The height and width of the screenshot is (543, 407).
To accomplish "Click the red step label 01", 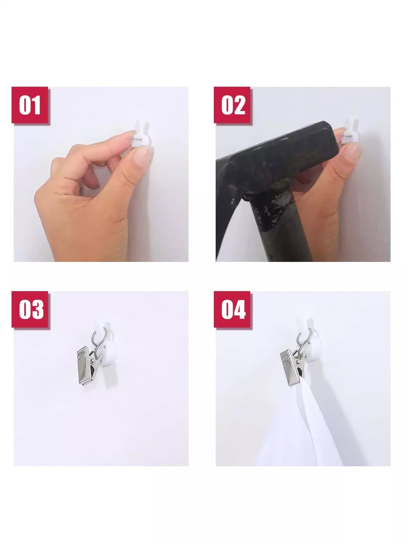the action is pos(30,105).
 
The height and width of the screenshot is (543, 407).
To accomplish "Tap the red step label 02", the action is pos(232,105).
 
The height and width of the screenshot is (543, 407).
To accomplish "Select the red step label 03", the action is pos(30,309).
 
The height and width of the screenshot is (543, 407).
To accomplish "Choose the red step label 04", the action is pos(232,309).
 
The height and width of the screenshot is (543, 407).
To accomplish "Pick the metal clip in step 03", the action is pos(88,365).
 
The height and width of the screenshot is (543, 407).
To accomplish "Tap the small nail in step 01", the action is pos(136,138).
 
